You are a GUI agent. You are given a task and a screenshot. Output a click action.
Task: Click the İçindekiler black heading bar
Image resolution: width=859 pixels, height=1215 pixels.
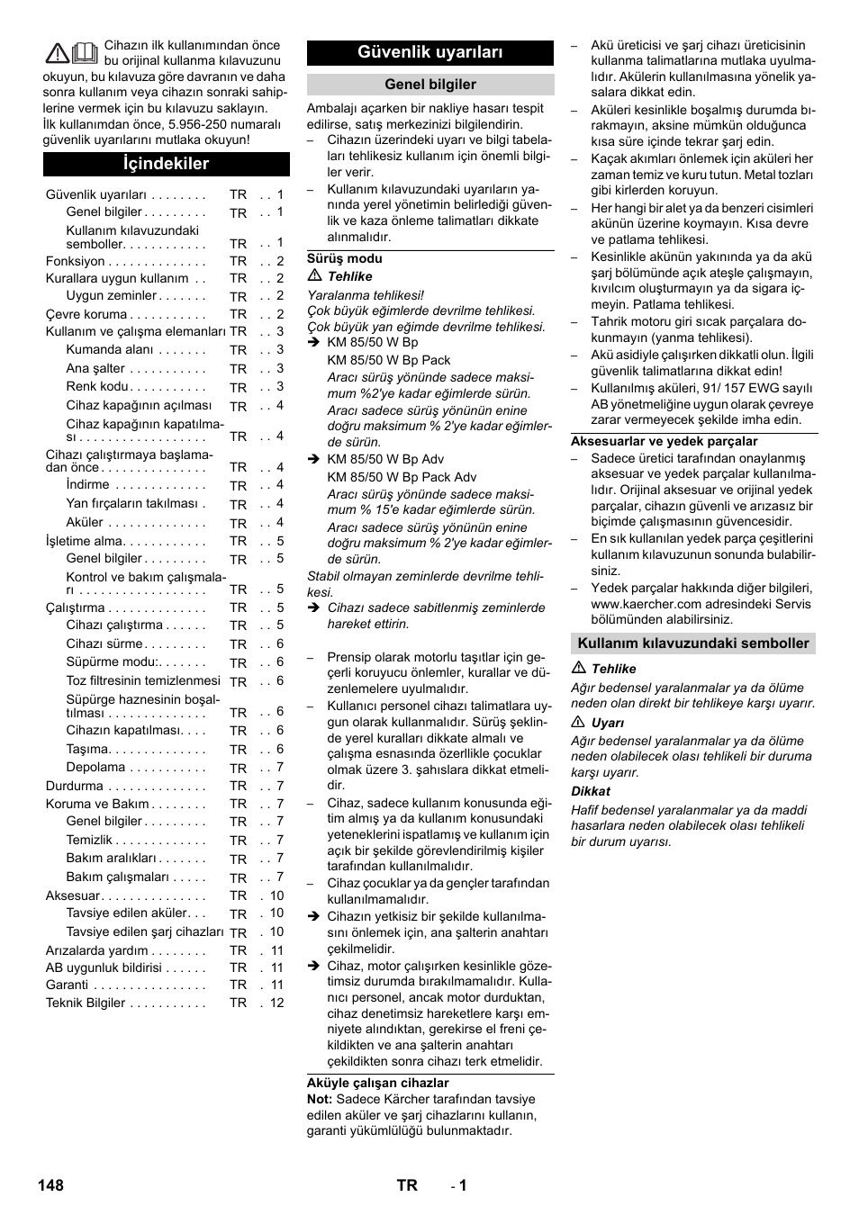coord(167,164)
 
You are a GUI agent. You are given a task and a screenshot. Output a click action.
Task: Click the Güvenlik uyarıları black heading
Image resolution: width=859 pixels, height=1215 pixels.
coord(429,52)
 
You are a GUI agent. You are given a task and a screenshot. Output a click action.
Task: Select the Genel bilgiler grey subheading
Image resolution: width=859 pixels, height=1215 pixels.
coord(429,85)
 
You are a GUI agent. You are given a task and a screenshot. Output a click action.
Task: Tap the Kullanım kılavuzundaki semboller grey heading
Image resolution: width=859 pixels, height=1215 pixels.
coord(692,643)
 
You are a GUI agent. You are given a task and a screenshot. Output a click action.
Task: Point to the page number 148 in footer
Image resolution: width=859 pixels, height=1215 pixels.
coord(51,1185)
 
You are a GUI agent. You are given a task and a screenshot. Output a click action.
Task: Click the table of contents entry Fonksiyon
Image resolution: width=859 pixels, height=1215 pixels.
coord(76,261)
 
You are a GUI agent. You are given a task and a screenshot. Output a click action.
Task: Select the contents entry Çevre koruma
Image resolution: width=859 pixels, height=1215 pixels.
coord(86,314)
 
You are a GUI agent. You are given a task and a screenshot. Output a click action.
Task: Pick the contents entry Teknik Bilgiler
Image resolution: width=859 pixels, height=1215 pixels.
coord(86,1003)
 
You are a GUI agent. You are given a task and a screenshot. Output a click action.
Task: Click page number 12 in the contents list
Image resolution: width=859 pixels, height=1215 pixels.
coord(276,1003)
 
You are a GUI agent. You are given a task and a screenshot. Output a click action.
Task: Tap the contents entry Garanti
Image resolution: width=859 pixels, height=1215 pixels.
coord(68,985)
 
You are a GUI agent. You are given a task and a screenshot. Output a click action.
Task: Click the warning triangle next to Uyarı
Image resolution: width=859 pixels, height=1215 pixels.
coord(577,723)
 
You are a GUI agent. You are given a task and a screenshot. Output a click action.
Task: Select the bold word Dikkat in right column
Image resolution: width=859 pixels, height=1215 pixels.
coord(591,791)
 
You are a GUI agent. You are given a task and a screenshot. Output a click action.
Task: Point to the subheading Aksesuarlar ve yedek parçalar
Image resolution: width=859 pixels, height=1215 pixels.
coord(664,441)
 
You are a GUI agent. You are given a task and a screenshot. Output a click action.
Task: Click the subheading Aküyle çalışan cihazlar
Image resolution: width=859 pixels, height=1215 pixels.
coord(377,1083)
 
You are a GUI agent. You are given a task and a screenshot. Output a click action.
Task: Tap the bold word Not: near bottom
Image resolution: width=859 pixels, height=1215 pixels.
coord(319,1099)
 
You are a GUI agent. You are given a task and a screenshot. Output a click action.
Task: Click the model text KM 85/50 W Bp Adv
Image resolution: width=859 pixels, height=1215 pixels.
coord(385,459)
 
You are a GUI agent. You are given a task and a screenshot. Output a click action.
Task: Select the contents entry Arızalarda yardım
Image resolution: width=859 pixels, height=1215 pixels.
coord(97,950)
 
